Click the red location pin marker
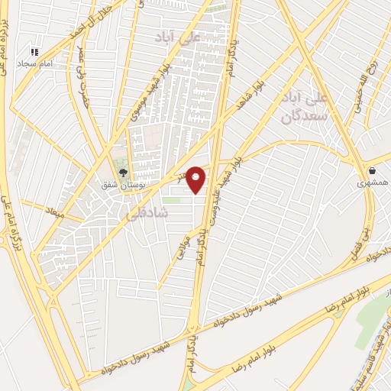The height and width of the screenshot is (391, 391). coord(196,179)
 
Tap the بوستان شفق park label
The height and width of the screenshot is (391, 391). coord(119,185)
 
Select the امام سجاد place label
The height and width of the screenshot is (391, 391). coord(34,63)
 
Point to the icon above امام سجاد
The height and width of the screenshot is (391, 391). coord(34,51)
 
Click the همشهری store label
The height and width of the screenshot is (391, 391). coord(372,183)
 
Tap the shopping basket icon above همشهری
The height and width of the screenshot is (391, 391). coord(372,172)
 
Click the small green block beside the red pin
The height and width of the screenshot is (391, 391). coord(173,201)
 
